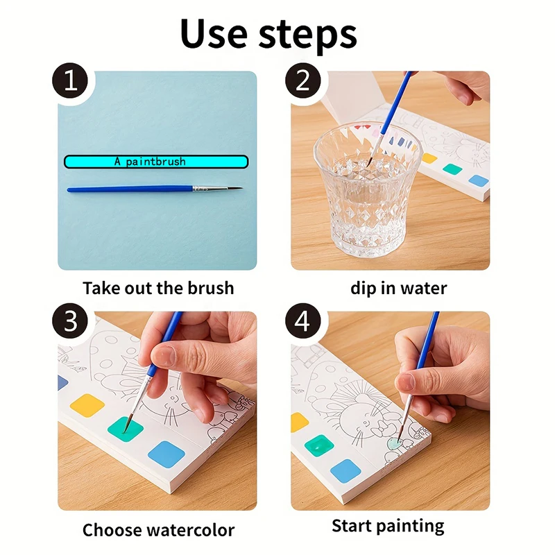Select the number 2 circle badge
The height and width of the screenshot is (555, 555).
click(x=302, y=82)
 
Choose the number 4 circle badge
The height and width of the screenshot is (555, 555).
click(x=302, y=322)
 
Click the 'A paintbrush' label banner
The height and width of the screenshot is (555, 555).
click(x=156, y=162)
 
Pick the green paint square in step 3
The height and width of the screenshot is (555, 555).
click(x=126, y=429)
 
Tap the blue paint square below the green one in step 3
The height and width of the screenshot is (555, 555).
click(x=166, y=454)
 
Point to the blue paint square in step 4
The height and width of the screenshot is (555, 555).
click(x=345, y=471)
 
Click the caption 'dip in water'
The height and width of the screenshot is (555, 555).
click(x=398, y=287)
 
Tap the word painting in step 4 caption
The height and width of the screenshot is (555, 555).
click(x=413, y=526)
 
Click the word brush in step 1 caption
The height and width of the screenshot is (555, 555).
click(x=209, y=287)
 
